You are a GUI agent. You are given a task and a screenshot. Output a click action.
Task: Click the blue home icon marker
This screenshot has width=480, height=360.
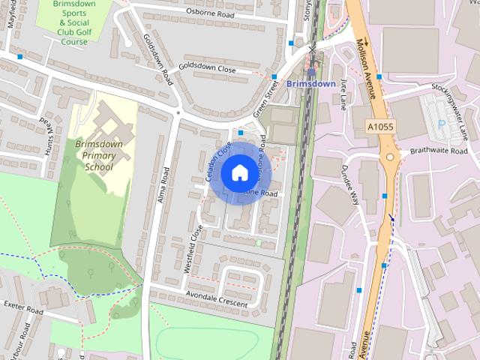[x=238, y=172]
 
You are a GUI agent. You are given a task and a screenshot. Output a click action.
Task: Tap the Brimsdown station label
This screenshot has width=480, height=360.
[x=310, y=84]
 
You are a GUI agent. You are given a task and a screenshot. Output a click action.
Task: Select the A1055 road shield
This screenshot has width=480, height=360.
[x=381, y=127]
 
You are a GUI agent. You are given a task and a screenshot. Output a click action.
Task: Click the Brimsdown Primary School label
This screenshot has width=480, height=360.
[x=98, y=154]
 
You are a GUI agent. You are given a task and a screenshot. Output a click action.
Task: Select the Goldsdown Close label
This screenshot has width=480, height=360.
[x=212, y=70]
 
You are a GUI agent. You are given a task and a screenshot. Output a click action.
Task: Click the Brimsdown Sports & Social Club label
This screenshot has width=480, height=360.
[x=73, y=22]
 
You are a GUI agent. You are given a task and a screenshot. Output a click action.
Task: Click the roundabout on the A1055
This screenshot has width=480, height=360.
[x=391, y=157]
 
